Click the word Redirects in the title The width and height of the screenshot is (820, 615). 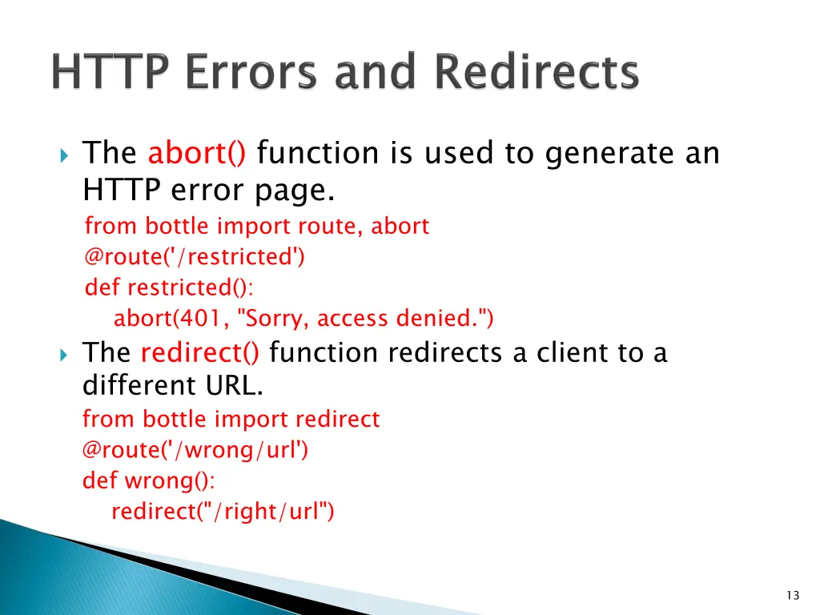point(537,73)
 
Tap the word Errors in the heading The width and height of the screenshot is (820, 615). point(245,73)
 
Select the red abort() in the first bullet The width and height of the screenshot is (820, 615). point(197,152)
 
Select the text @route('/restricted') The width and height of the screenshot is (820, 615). point(195,257)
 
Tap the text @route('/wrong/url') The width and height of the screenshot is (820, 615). point(195,450)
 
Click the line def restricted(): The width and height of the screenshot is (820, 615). point(169,287)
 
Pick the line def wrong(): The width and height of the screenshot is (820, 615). point(149,480)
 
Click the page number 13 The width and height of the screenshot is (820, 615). point(793,595)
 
